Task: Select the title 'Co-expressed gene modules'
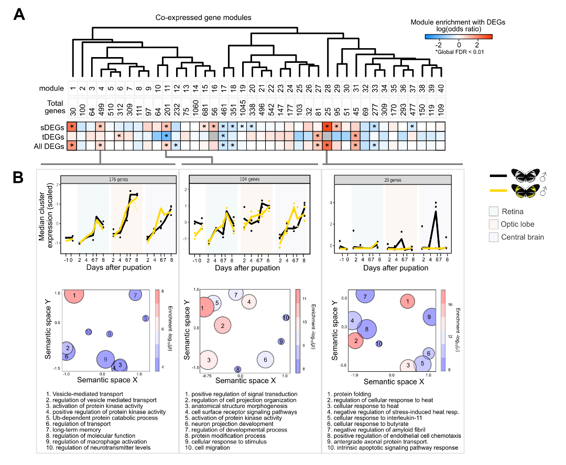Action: [203, 18]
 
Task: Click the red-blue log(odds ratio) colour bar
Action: [459, 37]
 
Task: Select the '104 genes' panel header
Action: [249, 179]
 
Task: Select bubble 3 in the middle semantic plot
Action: [209, 360]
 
